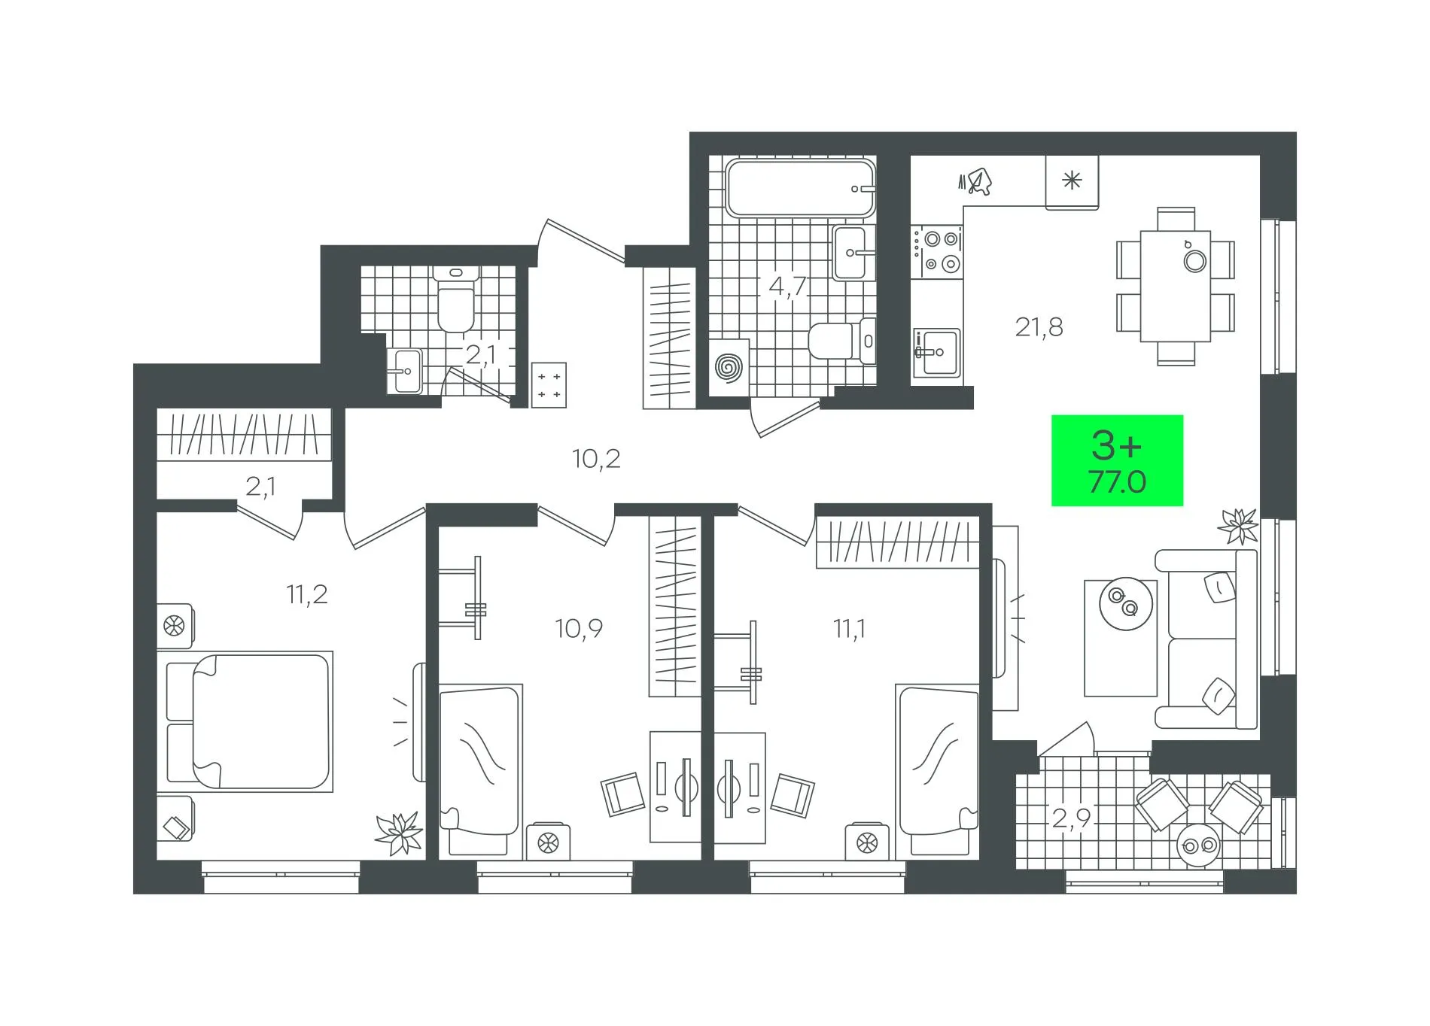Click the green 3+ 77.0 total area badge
click(x=1117, y=460)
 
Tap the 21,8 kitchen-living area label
click(x=1039, y=327)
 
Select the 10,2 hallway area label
click(x=596, y=458)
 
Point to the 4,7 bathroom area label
click(x=787, y=287)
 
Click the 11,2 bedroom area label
click(x=307, y=594)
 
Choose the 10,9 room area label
click(x=579, y=628)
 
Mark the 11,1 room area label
click(x=849, y=628)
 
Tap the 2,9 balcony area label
click(x=1071, y=818)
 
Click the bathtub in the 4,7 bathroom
click(x=800, y=188)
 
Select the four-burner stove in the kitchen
click(x=937, y=250)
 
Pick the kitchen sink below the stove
click(x=936, y=352)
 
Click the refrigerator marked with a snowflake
click(x=1072, y=181)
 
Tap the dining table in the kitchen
click(x=1175, y=287)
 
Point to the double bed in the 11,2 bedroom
click(x=248, y=721)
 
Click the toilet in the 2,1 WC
click(x=456, y=299)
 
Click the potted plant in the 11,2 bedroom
click(x=398, y=833)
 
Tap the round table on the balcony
click(x=1197, y=846)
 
